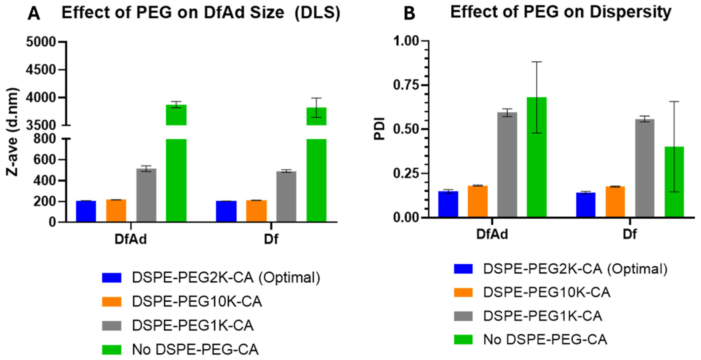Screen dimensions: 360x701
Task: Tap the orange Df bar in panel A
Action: point(256,211)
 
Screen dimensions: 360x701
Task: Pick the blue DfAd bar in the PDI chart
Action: point(448,204)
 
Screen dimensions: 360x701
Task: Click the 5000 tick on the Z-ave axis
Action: point(41,42)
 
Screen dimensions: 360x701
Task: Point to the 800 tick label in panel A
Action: point(44,139)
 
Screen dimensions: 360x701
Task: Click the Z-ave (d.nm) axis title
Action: point(13,132)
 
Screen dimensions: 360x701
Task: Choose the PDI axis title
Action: point(380,129)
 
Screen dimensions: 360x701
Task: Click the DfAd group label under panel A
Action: point(131,239)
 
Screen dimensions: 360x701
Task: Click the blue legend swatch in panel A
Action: point(112,278)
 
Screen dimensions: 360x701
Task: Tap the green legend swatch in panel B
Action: point(463,339)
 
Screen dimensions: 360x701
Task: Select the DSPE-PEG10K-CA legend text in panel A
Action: point(197,302)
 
